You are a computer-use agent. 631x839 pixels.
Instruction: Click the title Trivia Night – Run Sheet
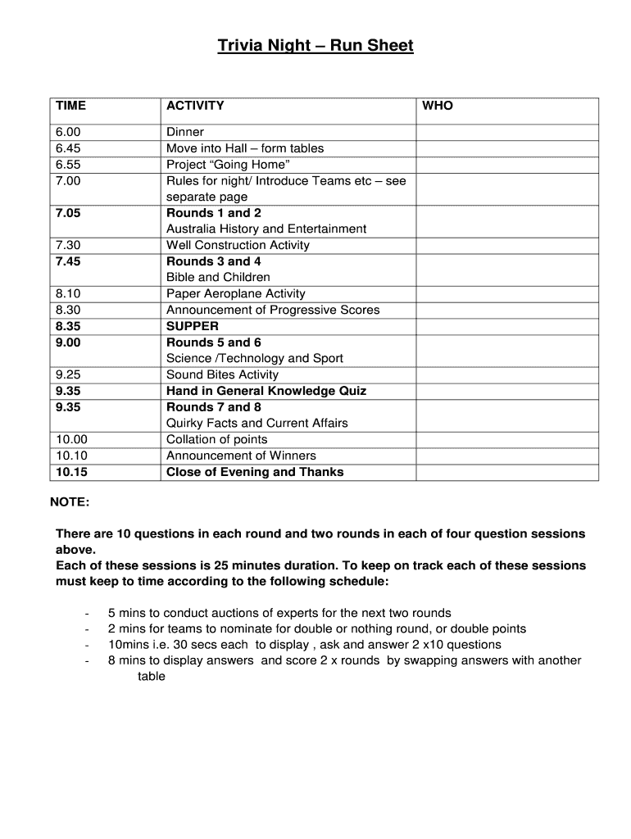coord(315,46)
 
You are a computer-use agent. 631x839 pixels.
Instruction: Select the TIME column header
coord(70,106)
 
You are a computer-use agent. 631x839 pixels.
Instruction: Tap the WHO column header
coord(438,106)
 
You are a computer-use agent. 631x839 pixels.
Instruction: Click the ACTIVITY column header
coord(195,106)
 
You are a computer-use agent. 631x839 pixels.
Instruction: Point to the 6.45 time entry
coord(69,148)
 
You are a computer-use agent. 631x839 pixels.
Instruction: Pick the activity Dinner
coord(185,132)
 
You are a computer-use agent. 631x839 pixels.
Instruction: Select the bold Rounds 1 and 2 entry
coord(214,213)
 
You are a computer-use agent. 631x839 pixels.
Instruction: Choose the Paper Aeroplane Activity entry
coord(235,293)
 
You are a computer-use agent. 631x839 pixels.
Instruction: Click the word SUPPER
coord(193,326)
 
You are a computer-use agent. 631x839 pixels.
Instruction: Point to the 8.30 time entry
coord(69,310)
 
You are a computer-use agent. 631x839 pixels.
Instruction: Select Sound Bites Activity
coord(222,374)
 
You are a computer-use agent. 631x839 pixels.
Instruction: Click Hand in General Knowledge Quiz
coord(266,391)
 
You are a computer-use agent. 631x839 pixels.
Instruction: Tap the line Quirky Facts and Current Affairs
coord(256,423)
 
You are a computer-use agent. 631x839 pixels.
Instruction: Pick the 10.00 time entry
coord(72,439)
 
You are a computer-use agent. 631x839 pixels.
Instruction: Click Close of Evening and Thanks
coord(255,472)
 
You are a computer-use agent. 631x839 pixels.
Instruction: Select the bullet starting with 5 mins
coord(279,613)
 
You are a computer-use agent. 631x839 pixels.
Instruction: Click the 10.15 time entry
coord(72,472)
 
